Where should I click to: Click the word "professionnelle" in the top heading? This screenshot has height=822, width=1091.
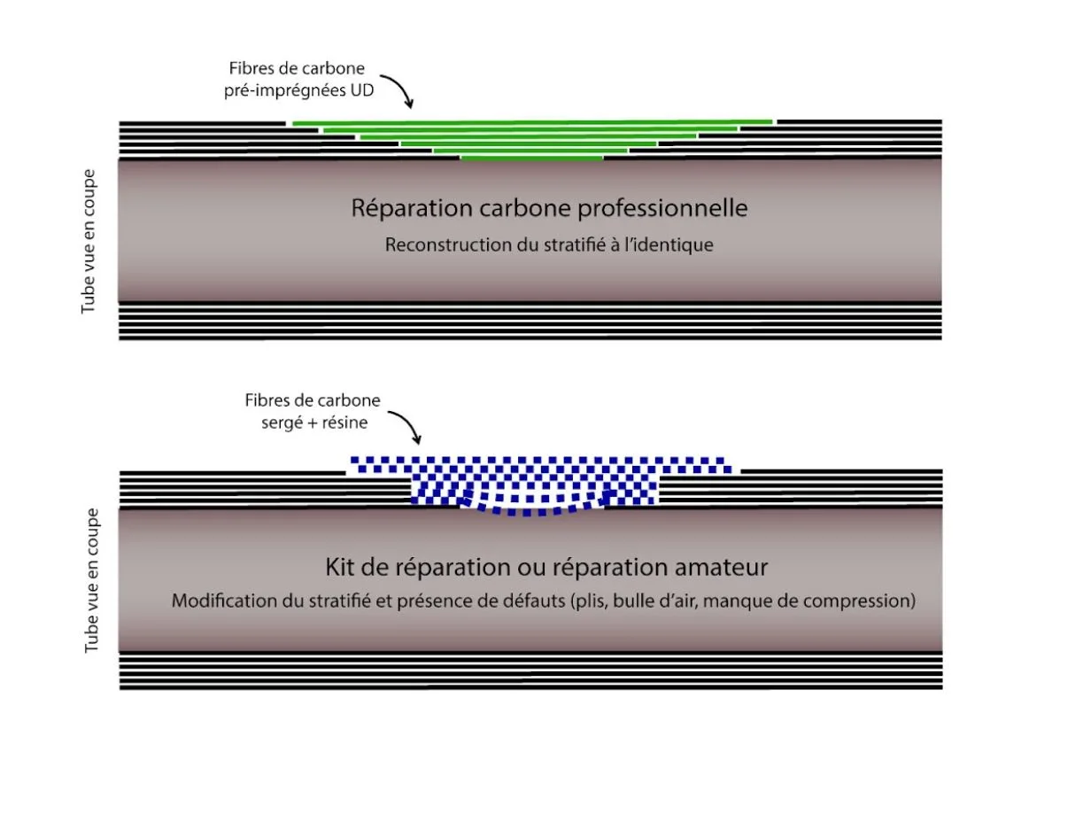[x=662, y=208]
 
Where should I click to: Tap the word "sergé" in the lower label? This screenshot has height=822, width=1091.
[x=281, y=423]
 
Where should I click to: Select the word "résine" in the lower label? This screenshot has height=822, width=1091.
[x=345, y=423]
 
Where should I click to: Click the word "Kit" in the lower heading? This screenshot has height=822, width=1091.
[x=340, y=567]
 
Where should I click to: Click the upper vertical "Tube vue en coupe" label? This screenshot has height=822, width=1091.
[x=89, y=242]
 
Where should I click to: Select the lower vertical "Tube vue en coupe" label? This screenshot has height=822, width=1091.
[x=91, y=580]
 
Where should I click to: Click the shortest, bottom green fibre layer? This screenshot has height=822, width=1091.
[x=532, y=159]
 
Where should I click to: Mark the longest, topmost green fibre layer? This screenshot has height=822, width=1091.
[x=532, y=122]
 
